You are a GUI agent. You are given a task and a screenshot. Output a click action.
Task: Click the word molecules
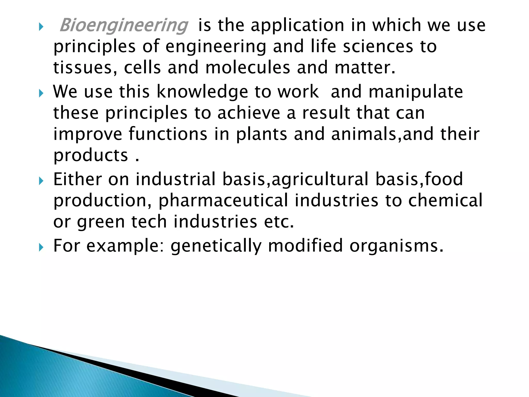click(x=248, y=68)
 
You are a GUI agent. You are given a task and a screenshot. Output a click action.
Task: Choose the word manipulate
click(x=416, y=92)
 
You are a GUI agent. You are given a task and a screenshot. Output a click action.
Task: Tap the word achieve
click(x=249, y=113)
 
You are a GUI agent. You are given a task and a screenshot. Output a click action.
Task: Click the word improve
click(x=88, y=134)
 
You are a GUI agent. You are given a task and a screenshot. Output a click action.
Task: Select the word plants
click(x=261, y=134)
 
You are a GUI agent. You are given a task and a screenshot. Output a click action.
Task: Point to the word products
click(x=91, y=156)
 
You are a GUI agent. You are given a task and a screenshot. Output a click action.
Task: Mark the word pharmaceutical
click(x=223, y=201)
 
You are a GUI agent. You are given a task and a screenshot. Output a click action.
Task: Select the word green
click(x=101, y=222)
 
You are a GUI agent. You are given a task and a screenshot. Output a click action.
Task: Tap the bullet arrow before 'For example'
click(x=41, y=248)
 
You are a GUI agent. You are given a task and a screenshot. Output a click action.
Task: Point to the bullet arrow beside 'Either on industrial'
click(x=41, y=181)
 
